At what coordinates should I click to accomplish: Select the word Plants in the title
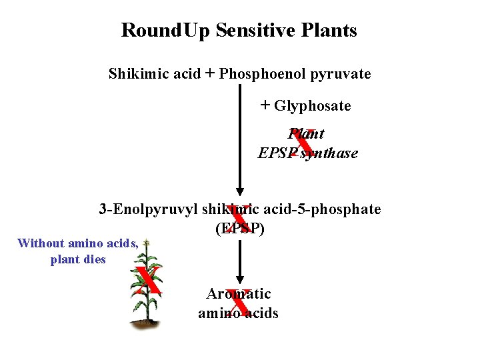pos(329,31)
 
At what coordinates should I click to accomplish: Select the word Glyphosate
pos(313,106)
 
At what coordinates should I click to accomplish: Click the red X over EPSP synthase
pos(303,143)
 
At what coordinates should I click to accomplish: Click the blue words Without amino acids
pos(78,243)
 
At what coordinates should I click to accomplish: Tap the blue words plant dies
pos(78,259)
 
